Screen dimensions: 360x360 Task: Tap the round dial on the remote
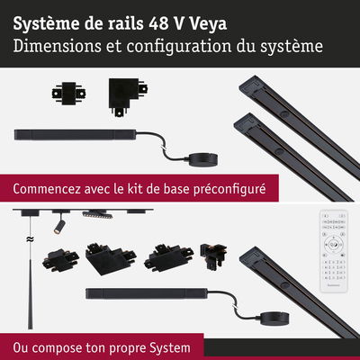[x=332, y=245]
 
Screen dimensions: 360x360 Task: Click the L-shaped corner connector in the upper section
[x=124, y=93]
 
